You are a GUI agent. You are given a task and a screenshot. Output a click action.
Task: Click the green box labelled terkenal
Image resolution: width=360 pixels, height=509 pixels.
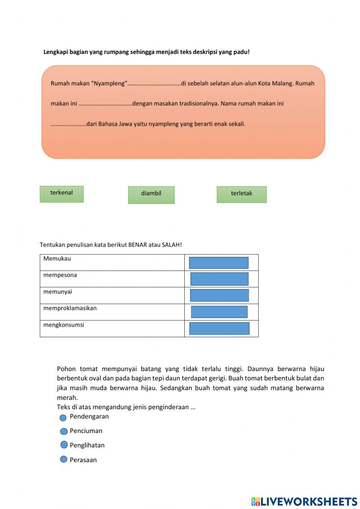[x=62, y=194]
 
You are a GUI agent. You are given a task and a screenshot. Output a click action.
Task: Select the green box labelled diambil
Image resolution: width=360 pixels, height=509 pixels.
[x=151, y=195]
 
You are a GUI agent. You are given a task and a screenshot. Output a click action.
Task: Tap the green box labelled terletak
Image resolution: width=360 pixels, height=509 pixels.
[x=242, y=195]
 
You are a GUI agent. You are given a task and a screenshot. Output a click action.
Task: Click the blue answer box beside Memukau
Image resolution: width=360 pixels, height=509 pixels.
[x=219, y=263]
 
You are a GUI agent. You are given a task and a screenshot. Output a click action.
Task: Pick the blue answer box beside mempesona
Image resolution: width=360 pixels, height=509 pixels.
[x=219, y=279]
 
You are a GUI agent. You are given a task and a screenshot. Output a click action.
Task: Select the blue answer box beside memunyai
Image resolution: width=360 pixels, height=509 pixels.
[x=219, y=295]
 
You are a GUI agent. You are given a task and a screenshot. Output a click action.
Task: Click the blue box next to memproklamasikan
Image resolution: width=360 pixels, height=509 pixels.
[x=219, y=312]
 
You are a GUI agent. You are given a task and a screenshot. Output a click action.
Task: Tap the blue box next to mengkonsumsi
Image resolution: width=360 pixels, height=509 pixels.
[x=219, y=328]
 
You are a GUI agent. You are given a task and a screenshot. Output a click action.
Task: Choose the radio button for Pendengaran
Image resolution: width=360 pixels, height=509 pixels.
[x=63, y=418]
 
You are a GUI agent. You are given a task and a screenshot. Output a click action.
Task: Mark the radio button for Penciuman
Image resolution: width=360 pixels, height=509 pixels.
[x=64, y=431]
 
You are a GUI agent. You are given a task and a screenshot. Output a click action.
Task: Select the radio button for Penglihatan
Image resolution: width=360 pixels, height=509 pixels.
[x=64, y=445]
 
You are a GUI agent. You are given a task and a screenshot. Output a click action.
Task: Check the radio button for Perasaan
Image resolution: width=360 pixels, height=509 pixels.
[x=64, y=459]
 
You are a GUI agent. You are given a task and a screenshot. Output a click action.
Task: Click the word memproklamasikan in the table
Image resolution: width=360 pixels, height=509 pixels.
[x=70, y=308]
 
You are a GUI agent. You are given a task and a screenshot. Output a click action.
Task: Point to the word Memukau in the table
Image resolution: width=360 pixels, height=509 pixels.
[x=57, y=259]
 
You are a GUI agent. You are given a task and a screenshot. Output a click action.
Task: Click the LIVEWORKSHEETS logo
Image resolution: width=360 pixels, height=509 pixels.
[x=304, y=501]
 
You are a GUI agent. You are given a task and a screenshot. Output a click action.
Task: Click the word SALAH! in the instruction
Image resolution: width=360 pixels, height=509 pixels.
[x=172, y=245]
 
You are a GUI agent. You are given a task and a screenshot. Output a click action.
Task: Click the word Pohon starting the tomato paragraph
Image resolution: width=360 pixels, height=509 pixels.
[x=66, y=369]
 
